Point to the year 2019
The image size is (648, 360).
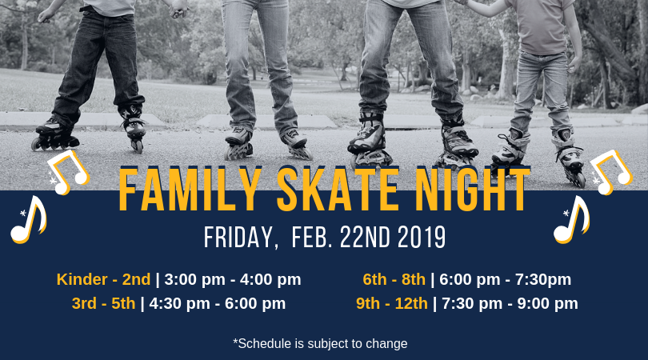(422, 238)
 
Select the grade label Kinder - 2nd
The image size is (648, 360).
(103, 279)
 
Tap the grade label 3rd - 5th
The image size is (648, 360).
(103, 303)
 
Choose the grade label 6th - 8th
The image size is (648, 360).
(394, 279)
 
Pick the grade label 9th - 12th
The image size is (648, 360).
(392, 303)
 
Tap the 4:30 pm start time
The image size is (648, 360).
(179, 303)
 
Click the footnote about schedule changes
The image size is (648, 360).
(320, 343)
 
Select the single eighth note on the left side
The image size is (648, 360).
(29, 220)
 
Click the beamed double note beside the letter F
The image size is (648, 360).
(68, 172)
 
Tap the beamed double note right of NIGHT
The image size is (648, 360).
(611, 172)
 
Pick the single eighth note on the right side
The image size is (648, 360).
(571, 220)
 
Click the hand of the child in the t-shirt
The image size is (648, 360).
(573, 63)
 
